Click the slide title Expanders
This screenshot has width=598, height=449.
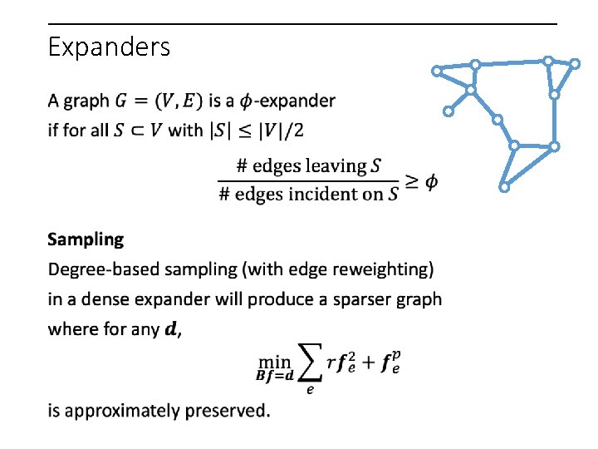point(109,47)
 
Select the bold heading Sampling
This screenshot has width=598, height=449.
point(86,239)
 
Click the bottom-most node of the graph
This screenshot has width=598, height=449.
point(503,187)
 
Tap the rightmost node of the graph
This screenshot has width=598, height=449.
point(575,63)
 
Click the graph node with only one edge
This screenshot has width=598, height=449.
point(448,110)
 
